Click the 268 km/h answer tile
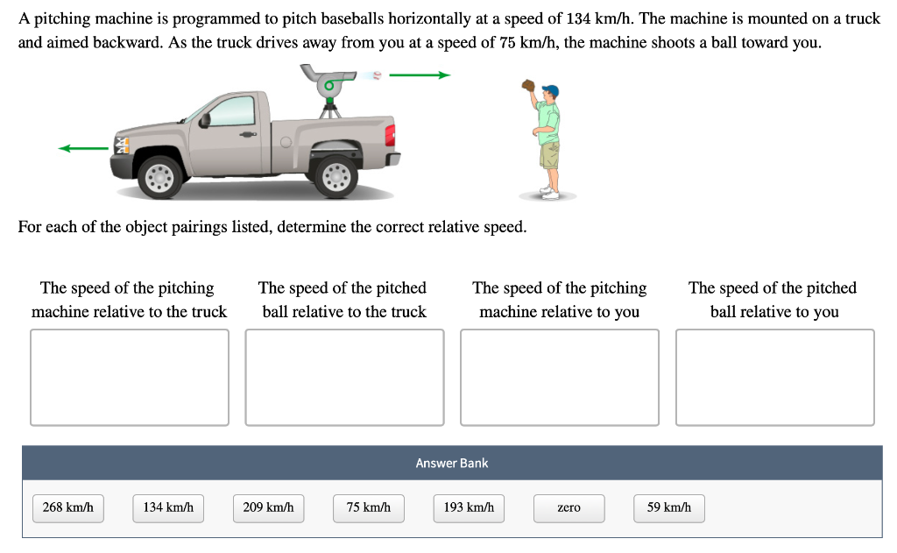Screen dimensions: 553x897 (x=68, y=507)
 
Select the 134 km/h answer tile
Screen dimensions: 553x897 (x=168, y=507)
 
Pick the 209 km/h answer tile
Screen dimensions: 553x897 (x=268, y=507)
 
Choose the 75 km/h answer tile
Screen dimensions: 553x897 (x=368, y=507)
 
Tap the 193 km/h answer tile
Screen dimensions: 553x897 (x=469, y=507)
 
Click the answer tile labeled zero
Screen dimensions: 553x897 (x=569, y=507)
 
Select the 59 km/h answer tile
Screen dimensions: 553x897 (x=668, y=507)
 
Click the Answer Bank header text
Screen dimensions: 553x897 (x=452, y=463)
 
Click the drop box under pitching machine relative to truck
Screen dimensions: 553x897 (x=130, y=377)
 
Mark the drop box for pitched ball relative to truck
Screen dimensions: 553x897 (x=344, y=377)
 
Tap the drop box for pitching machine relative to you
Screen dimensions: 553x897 (x=560, y=377)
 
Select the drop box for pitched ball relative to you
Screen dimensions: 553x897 (x=774, y=377)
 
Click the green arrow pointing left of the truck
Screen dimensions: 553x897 (x=82, y=149)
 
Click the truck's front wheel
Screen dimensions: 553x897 (x=160, y=177)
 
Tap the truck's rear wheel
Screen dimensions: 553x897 (x=335, y=177)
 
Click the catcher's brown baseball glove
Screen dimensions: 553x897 (x=528, y=85)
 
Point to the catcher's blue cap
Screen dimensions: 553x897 (x=550, y=90)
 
